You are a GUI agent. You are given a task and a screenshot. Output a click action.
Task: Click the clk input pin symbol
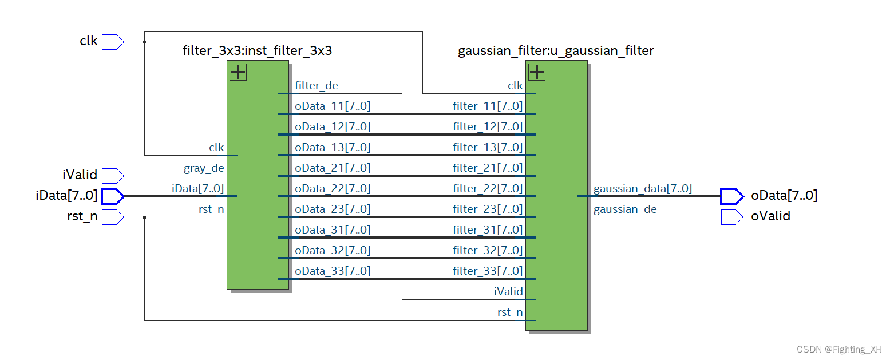pos(112,42)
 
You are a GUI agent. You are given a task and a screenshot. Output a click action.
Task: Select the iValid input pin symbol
pos(112,175)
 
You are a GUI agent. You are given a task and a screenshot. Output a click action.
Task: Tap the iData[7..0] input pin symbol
pos(112,196)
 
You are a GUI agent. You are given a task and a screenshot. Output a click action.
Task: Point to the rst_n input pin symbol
pos(112,217)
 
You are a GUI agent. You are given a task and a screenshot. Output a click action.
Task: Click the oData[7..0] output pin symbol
pos(731,196)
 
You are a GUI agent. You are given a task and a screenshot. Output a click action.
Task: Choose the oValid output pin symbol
pos(731,217)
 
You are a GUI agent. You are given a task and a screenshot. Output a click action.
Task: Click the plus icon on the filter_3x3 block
pos(238,72)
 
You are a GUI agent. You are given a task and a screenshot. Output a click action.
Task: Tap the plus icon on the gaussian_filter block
pos(536,72)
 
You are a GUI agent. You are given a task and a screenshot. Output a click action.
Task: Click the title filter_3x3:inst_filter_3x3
pos(257,51)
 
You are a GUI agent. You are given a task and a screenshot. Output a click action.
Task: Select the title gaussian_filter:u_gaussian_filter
pos(555,51)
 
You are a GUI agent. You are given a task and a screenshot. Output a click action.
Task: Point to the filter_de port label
pos(316,86)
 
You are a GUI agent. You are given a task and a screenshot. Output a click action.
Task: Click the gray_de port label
pos(204,168)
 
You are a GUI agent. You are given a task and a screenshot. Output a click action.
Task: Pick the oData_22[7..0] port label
pos(333,188)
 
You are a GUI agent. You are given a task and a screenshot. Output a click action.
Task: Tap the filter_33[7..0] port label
pos(488,271)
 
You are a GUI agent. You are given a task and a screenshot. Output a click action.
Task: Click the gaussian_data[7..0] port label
pos(642,188)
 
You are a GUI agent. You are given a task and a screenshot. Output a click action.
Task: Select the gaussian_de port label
pos(625,209)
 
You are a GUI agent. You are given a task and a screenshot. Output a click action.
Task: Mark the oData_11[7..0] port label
pos(333,106)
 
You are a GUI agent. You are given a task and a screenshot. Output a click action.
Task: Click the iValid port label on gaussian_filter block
pos(508,291)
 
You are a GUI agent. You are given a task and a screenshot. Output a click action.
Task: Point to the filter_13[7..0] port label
pos(488,147)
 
